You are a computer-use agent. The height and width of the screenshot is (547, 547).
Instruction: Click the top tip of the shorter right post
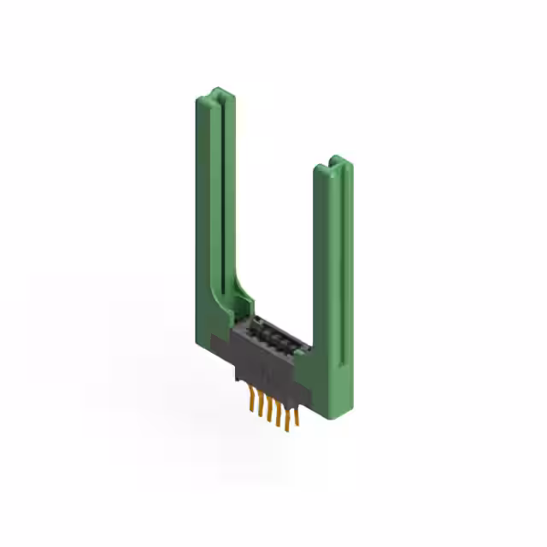[334, 161]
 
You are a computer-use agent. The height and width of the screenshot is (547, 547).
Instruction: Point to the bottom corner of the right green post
[329, 419]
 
